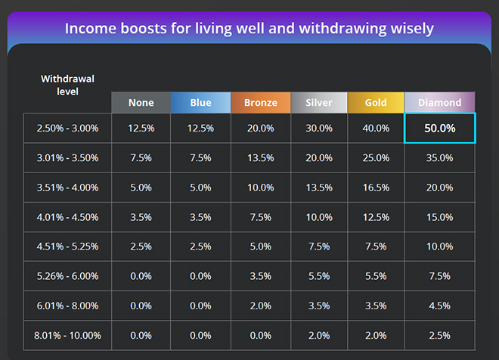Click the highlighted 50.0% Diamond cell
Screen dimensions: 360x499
point(439,129)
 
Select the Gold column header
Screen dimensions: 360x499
point(376,103)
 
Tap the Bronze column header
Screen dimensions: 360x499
point(260,103)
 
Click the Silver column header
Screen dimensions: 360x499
point(318,103)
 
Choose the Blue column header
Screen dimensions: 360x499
point(200,103)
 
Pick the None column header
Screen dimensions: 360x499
point(141,103)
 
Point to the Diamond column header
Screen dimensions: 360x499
point(439,103)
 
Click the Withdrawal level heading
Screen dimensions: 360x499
point(67,85)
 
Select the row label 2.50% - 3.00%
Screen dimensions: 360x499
point(67,129)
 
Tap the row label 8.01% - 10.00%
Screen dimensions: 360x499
point(67,335)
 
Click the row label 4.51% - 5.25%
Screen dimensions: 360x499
point(67,247)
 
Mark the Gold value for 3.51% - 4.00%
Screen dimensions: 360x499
point(376,188)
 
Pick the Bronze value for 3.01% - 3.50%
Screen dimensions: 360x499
point(260,158)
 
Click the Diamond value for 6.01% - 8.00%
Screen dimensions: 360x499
point(439,306)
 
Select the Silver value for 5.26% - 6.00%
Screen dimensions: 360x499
point(318,276)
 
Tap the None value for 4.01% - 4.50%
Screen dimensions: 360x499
point(141,217)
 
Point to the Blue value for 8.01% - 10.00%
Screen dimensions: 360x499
point(200,335)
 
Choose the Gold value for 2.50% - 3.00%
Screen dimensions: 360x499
point(376,129)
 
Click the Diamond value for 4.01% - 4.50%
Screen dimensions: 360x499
point(439,217)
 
